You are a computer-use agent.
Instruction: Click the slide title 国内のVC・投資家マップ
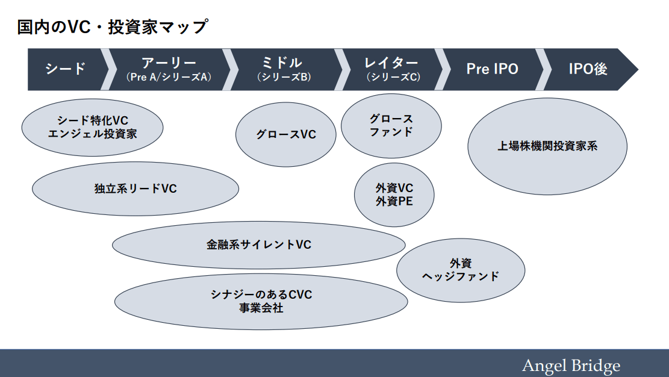click(112, 27)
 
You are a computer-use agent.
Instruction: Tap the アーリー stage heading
click(169, 63)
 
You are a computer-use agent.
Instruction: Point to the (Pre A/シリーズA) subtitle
click(169, 78)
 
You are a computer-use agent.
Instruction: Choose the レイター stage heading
click(392, 63)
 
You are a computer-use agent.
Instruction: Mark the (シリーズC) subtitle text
click(392, 78)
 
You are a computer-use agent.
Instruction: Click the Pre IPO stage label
click(492, 69)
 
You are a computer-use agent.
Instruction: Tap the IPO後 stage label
click(588, 69)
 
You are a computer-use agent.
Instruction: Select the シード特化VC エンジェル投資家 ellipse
click(92, 128)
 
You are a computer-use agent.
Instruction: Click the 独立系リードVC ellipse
click(135, 188)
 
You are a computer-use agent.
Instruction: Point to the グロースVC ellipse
click(286, 134)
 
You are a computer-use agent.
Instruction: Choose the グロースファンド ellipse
click(391, 125)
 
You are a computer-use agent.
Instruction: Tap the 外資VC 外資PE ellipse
click(394, 195)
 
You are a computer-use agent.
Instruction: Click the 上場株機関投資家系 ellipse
click(547, 146)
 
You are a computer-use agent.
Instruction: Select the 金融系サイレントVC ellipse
click(259, 245)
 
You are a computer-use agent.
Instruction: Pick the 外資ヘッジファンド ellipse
click(461, 270)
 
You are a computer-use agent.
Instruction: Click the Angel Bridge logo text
click(570, 366)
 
